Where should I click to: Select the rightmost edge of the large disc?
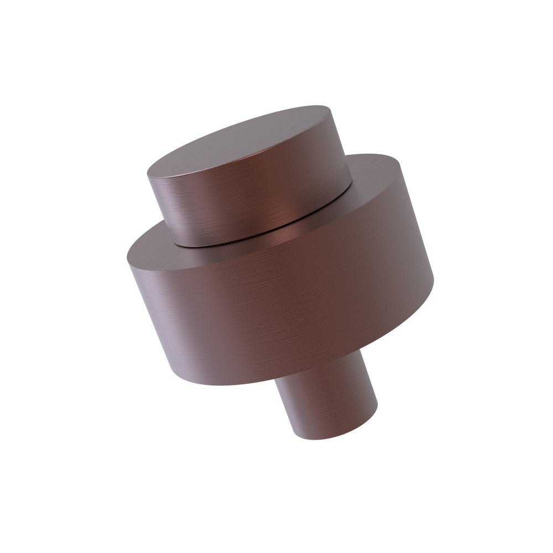(x=433, y=279)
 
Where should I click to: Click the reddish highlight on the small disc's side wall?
(x=276, y=213)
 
